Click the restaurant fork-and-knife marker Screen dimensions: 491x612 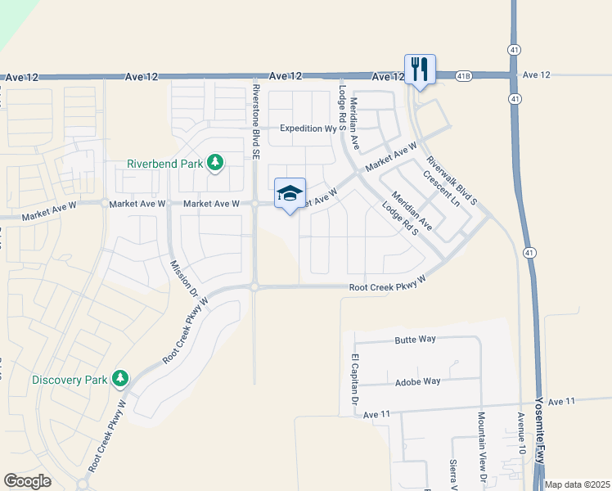pyautogui.click(x=420, y=69)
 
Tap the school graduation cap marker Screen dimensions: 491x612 pyautogui.click(x=290, y=194)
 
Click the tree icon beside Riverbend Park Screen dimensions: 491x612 pyautogui.click(x=215, y=163)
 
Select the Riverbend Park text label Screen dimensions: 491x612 pyautogui.click(x=164, y=164)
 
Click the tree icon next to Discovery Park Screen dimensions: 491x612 pyautogui.click(x=121, y=378)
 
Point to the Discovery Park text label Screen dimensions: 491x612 pyautogui.click(x=70, y=380)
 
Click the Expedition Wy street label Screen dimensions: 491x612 pyautogui.click(x=308, y=128)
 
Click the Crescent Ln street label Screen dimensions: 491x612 pyautogui.click(x=442, y=188)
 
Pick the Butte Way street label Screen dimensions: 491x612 pyautogui.click(x=416, y=339)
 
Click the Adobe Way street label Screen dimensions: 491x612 pyautogui.click(x=417, y=381)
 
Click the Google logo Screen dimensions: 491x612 pyautogui.click(x=27, y=481)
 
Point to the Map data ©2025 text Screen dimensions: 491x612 pyautogui.click(x=578, y=484)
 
